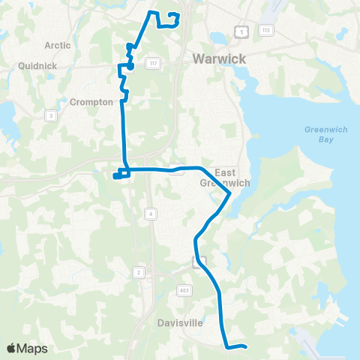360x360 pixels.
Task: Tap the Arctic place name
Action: coord(58,45)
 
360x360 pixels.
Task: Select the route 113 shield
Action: coord(265,30)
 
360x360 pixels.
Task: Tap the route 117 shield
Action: coord(151,63)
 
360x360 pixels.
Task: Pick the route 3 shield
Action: coord(51,115)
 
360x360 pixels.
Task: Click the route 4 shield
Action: coord(151,214)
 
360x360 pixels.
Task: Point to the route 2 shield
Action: coord(139,271)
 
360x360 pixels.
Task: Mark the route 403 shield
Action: coord(184,289)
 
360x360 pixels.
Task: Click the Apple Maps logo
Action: coord(27,348)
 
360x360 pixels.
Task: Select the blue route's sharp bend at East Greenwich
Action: coord(229,193)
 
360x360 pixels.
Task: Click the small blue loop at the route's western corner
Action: coord(119,175)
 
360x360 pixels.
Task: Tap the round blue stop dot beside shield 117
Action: coord(130,66)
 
